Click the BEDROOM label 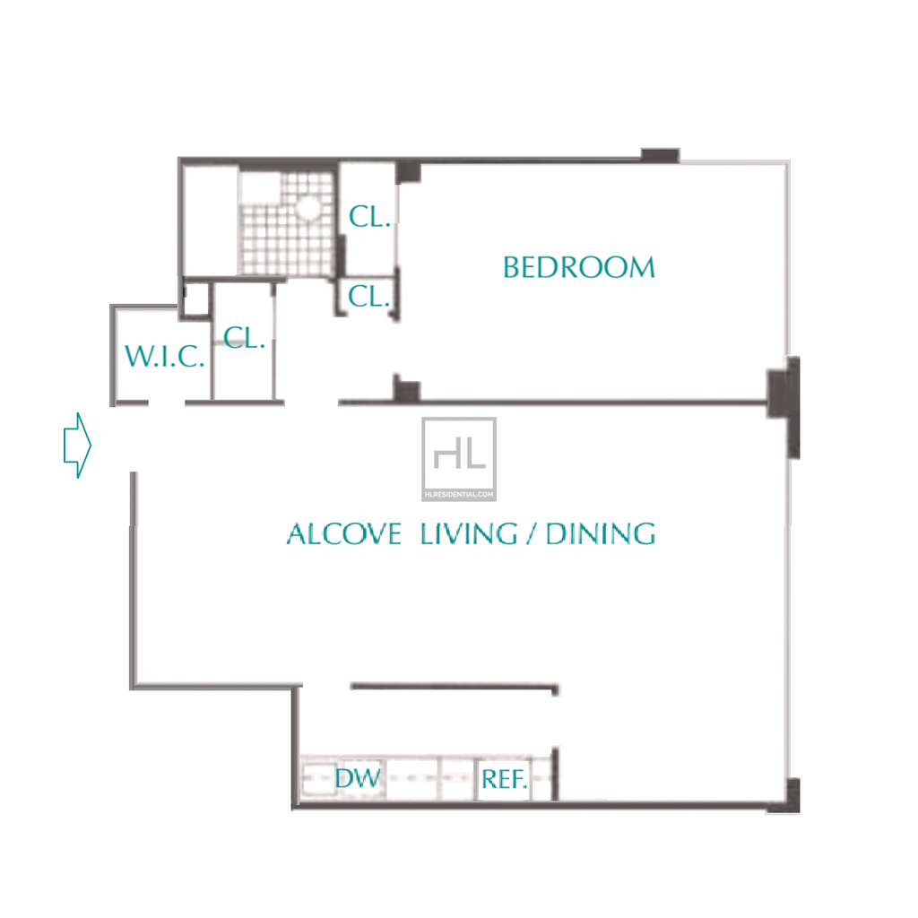click(578, 267)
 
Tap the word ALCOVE click(344, 534)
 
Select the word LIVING click(469, 534)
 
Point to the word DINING click(601, 534)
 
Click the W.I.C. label click(165, 356)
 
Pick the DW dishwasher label click(358, 778)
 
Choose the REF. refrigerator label click(504, 779)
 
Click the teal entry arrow click(77, 446)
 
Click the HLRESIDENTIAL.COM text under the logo click(460, 495)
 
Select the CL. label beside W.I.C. click(244, 338)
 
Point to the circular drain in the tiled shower click(308, 207)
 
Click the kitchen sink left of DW click(319, 779)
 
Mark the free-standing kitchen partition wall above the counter click(455, 687)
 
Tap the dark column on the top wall click(661, 155)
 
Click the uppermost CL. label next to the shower click(369, 217)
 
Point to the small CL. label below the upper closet click(368, 296)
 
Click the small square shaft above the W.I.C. click(196, 299)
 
